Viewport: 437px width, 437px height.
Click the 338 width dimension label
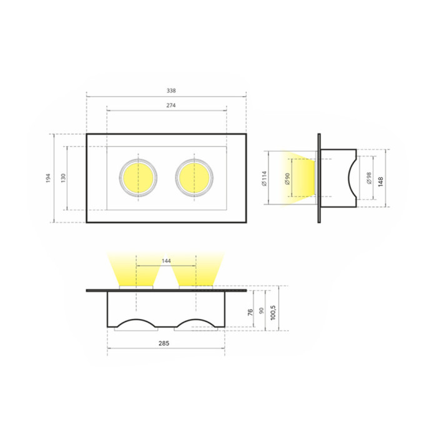pyautogui.click(x=171, y=91)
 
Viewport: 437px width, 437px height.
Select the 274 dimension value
pyautogui.click(x=171, y=106)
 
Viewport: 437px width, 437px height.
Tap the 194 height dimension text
pyautogui.click(x=48, y=178)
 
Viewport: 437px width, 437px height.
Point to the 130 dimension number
pyautogui.click(x=63, y=178)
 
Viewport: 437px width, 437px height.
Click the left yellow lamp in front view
pyautogui.click(x=138, y=177)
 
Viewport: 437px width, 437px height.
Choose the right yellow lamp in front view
pyautogui.click(x=194, y=177)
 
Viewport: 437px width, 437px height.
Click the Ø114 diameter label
pyautogui.click(x=264, y=178)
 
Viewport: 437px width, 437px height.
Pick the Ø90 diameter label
pyautogui.click(x=287, y=179)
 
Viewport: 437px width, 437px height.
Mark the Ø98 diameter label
pyautogui.click(x=370, y=178)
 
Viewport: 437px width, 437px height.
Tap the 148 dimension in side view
pyautogui.click(x=381, y=181)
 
